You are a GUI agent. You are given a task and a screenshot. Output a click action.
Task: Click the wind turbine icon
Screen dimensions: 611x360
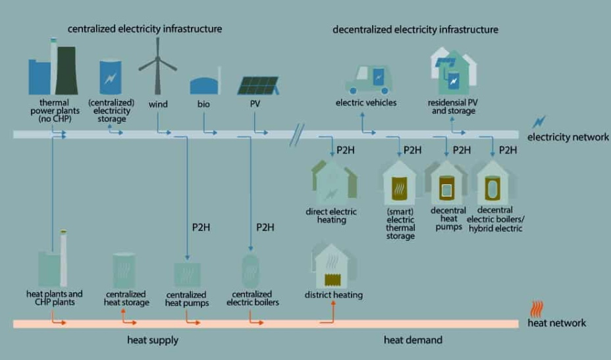point(158,66)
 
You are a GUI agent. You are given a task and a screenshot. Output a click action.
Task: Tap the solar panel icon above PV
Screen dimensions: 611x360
point(258,86)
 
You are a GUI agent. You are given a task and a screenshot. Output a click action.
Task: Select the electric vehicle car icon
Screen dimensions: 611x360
point(368,80)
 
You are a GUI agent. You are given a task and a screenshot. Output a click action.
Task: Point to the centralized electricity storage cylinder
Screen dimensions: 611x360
point(111,77)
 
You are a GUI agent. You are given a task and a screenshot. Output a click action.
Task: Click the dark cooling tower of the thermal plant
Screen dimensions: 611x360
point(66,70)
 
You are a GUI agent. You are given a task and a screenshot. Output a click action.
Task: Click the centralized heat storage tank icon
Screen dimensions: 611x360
point(124,270)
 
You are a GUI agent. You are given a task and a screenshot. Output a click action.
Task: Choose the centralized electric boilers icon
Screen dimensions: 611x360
point(250,271)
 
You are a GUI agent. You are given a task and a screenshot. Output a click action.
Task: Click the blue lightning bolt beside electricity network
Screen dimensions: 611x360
point(539,122)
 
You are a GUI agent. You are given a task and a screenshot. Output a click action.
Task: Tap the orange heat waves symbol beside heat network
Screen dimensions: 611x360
point(537,309)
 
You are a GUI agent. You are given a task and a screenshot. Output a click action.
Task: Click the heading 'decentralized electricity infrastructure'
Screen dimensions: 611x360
point(415,30)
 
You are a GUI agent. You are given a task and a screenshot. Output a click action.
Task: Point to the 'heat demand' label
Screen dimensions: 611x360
point(413,340)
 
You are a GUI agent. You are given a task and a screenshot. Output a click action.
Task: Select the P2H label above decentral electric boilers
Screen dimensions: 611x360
point(508,150)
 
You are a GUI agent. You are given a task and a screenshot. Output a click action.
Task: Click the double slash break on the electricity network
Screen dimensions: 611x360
point(297,135)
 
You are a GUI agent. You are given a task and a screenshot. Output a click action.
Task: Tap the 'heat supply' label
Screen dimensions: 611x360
point(153,340)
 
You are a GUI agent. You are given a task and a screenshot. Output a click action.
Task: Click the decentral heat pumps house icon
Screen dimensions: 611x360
point(446,183)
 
